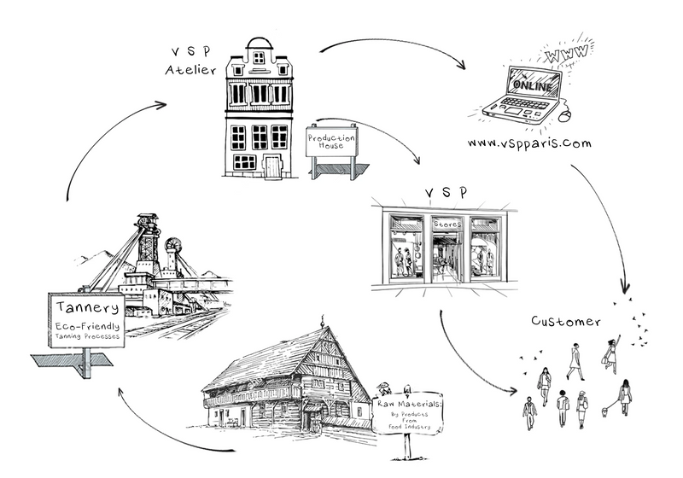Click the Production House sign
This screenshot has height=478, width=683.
pos(331,142)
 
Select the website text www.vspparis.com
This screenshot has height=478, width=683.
pos(529,143)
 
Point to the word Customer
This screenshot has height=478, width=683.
pos(566,322)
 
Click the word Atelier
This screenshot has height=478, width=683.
pos(190,70)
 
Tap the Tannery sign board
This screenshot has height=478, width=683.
pos(86,321)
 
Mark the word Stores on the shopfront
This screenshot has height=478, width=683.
pos(446,224)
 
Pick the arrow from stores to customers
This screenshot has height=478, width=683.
pos(465,358)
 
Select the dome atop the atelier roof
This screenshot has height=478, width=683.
pos(259,44)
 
